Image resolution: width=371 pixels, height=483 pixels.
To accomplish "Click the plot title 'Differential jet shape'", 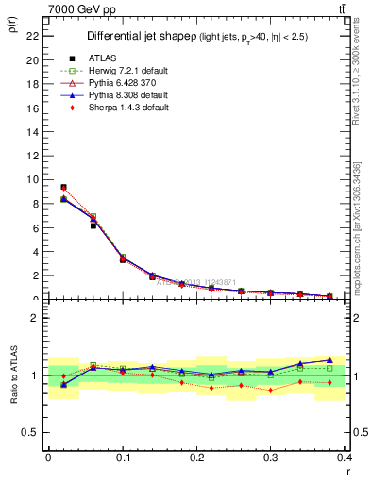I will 142,37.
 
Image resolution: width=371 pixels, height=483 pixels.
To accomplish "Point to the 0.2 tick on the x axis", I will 195,457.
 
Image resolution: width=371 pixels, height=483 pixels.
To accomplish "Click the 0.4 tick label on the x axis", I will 344,457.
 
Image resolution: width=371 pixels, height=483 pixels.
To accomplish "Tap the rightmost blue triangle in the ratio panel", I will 329,359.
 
